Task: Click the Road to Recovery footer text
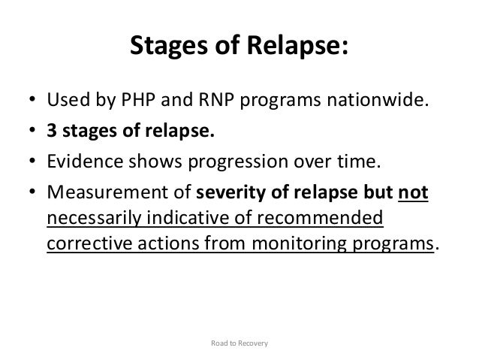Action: click(239, 343)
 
